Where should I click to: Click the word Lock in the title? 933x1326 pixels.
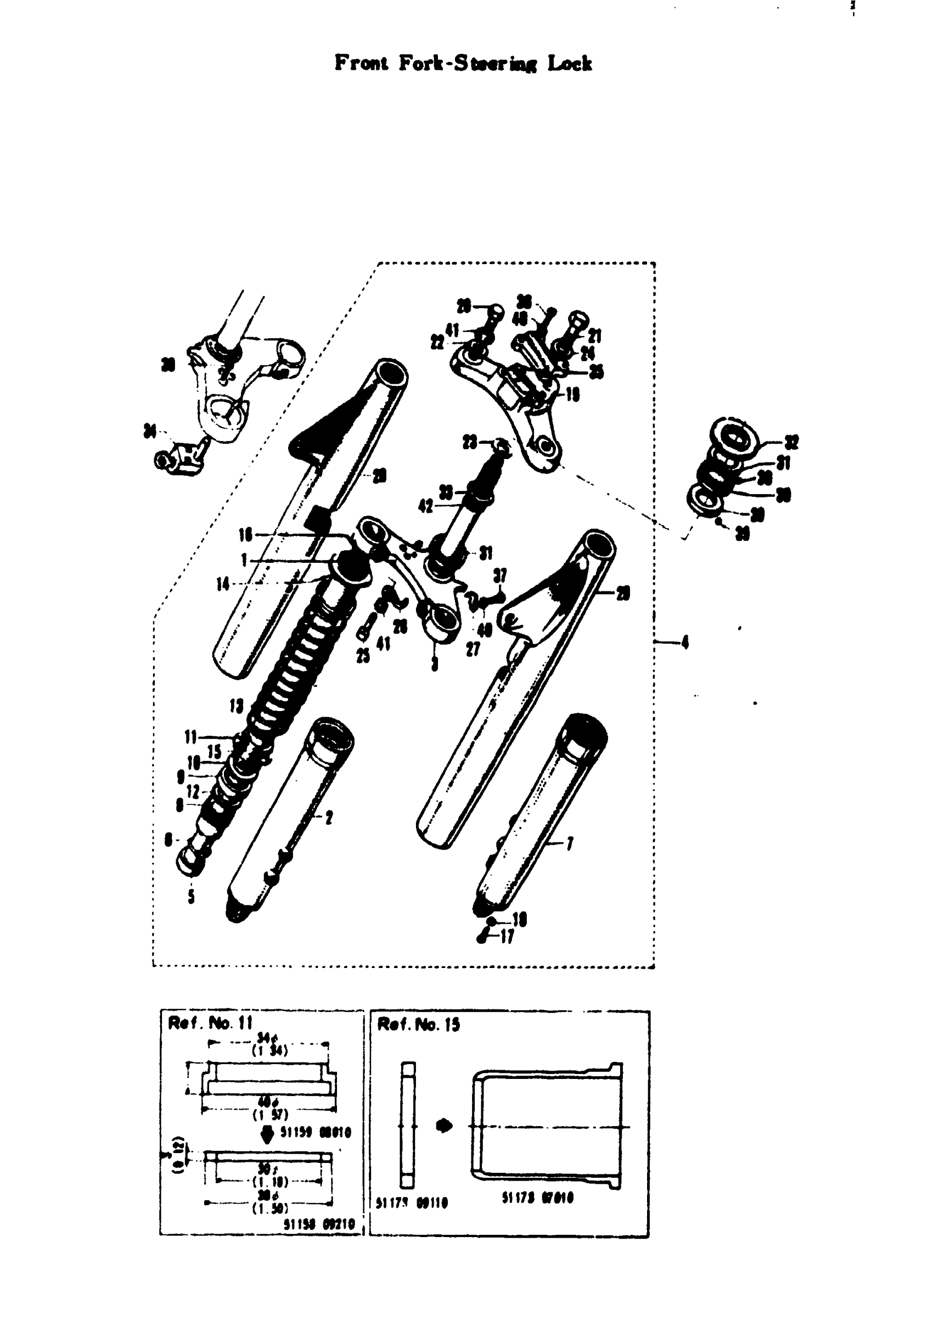(569, 64)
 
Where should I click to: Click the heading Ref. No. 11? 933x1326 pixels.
(210, 1023)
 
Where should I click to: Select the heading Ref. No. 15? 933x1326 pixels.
(419, 1025)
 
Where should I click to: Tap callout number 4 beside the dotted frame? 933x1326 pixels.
(685, 642)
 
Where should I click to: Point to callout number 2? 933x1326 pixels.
(329, 817)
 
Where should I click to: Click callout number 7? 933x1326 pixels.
(570, 844)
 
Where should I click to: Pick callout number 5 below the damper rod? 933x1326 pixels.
(191, 897)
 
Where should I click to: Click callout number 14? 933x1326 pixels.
(223, 584)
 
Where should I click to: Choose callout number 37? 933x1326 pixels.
(500, 575)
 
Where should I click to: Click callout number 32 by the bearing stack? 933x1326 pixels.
(791, 443)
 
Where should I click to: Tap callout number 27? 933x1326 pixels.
(473, 649)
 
